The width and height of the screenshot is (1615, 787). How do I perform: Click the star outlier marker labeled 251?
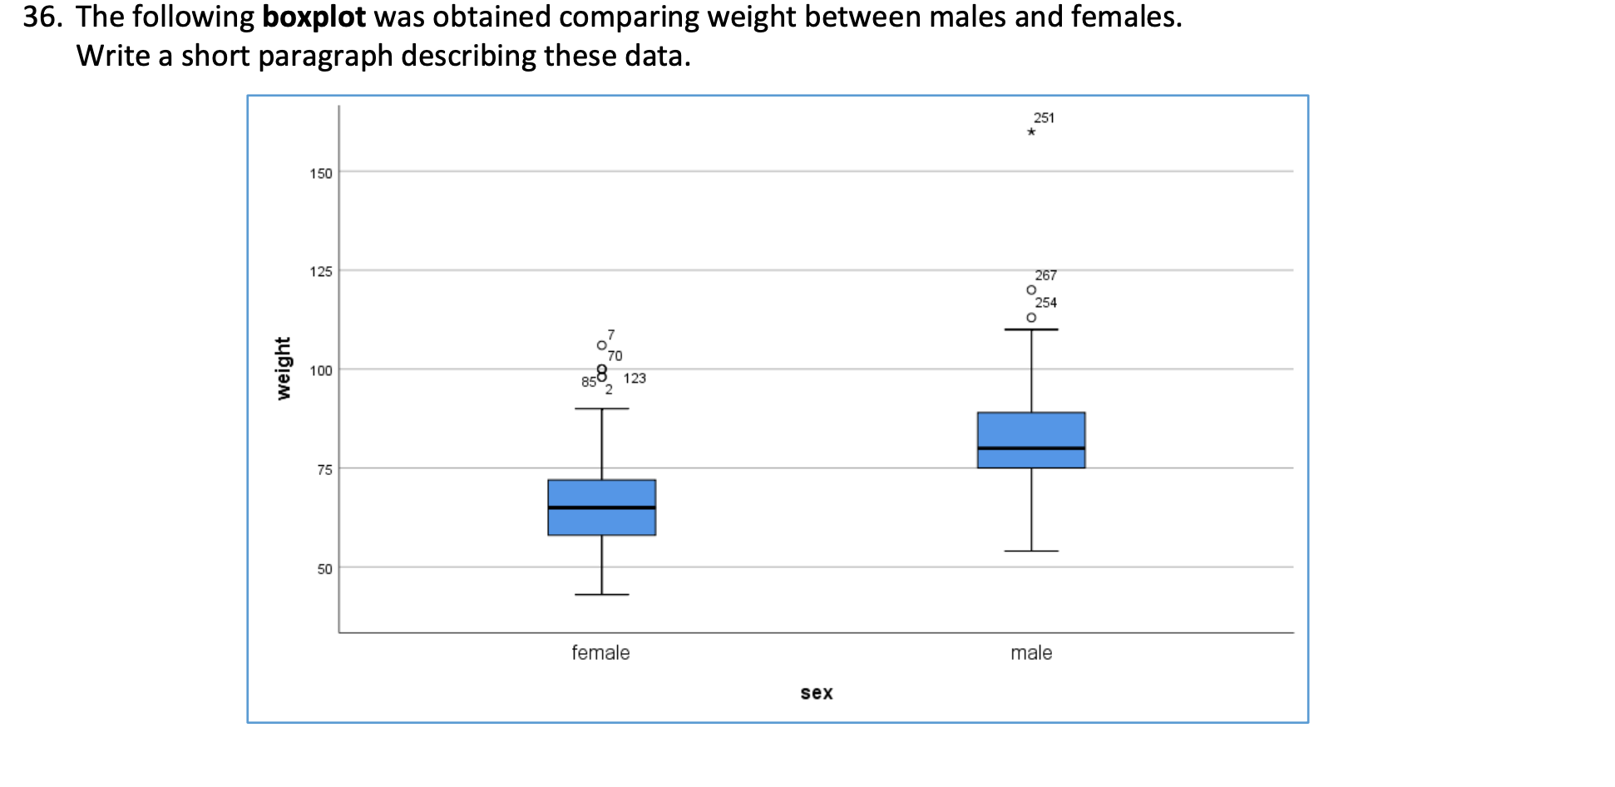click(x=1031, y=131)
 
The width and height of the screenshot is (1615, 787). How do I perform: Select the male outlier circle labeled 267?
click(x=1031, y=290)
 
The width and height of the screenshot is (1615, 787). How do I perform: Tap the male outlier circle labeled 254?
click(x=1031, y=317)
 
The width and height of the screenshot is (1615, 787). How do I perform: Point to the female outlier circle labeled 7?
click(x=601, y=344)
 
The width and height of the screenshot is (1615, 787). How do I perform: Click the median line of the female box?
click(x=601, y=507)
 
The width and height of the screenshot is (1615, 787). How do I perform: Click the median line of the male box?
click(x=1031, y=448)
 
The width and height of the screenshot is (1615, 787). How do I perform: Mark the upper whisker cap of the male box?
click(x=1031, y=329)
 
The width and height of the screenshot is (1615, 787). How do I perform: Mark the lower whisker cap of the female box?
click(x=601, y=594)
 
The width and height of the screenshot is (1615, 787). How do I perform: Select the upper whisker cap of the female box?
click(x=601, y=408)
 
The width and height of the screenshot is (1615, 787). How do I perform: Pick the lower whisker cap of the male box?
click(x=1031, y=551)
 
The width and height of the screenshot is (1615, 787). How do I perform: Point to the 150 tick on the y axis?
click(x=321, y=173)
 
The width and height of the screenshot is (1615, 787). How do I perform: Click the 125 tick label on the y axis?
click(x=321, y=271)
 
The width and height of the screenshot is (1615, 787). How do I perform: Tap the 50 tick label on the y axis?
click(x=324, y=569)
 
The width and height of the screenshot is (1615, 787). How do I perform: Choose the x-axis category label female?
click(x=600, y=653)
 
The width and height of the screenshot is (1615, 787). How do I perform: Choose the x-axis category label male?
click(x=1031, y=653)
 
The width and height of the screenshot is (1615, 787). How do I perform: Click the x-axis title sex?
click(x=816, y=692)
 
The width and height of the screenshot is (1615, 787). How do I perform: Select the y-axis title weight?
click(x=284, y=368)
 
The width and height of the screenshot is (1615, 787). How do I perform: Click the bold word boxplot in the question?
click(x=314, y=17)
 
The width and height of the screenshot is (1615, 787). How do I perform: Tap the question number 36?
click(x=42, y=17)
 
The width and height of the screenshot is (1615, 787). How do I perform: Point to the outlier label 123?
click(x=635, y=378)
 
